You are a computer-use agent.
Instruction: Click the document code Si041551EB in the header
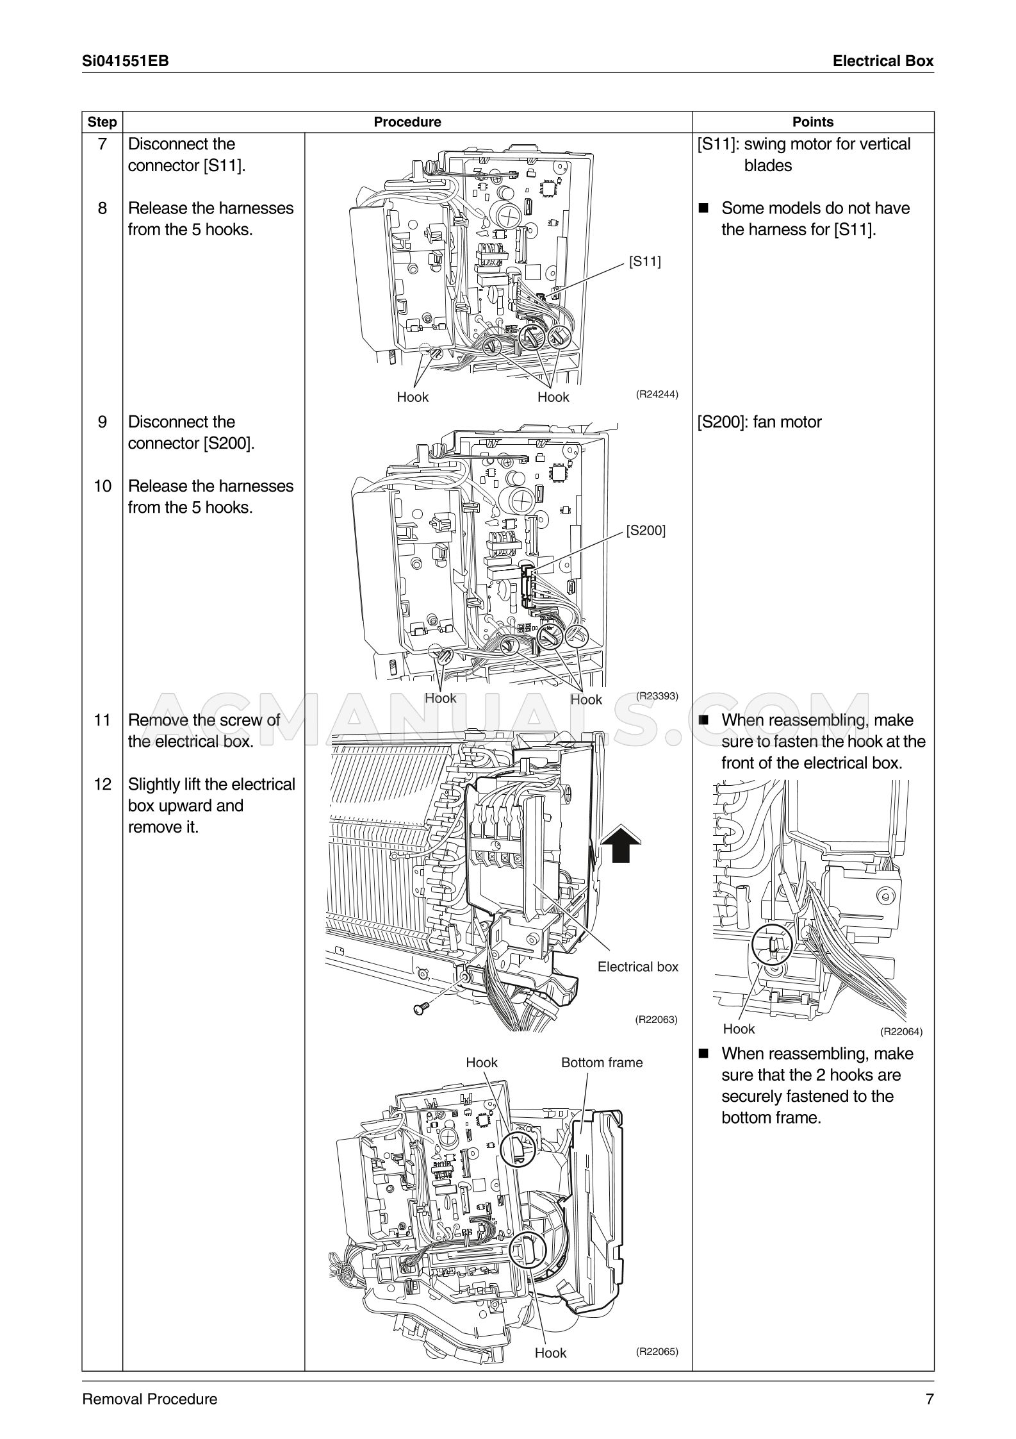click(126, 61)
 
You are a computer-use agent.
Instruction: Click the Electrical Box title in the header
click(883, 61)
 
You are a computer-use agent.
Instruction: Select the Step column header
click(102, 122)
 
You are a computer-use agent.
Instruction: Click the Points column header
click(812, 122)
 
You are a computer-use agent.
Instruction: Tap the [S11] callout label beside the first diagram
click(644, 261)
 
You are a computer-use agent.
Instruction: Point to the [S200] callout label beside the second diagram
click(646, 530)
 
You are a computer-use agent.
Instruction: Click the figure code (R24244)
click(657, 394)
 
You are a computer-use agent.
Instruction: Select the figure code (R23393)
click(657, 696)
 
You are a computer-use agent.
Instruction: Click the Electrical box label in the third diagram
click(637, 967)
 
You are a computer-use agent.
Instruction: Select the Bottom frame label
click(602, 1062)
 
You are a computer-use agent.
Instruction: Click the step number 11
click(102, 720)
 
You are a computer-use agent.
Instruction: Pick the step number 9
click(102, 422)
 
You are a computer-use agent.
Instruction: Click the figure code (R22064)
click(901, 1031)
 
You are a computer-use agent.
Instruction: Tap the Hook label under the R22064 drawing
click(739, 1029)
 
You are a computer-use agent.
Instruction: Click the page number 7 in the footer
click(930, 1399)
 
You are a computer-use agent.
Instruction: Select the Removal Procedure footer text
click(149, 1399)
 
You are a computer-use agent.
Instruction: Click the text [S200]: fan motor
click(759, 422)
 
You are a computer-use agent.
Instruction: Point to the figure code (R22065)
click(657, 1351)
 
